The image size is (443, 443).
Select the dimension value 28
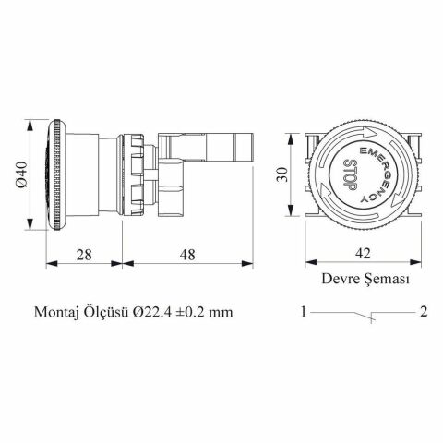[x=84, y=252]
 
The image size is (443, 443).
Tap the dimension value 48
[x=188, y=252]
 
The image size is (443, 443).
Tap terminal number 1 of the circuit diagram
[x=303, y=312]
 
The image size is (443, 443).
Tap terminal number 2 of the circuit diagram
[x=423, y=312]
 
